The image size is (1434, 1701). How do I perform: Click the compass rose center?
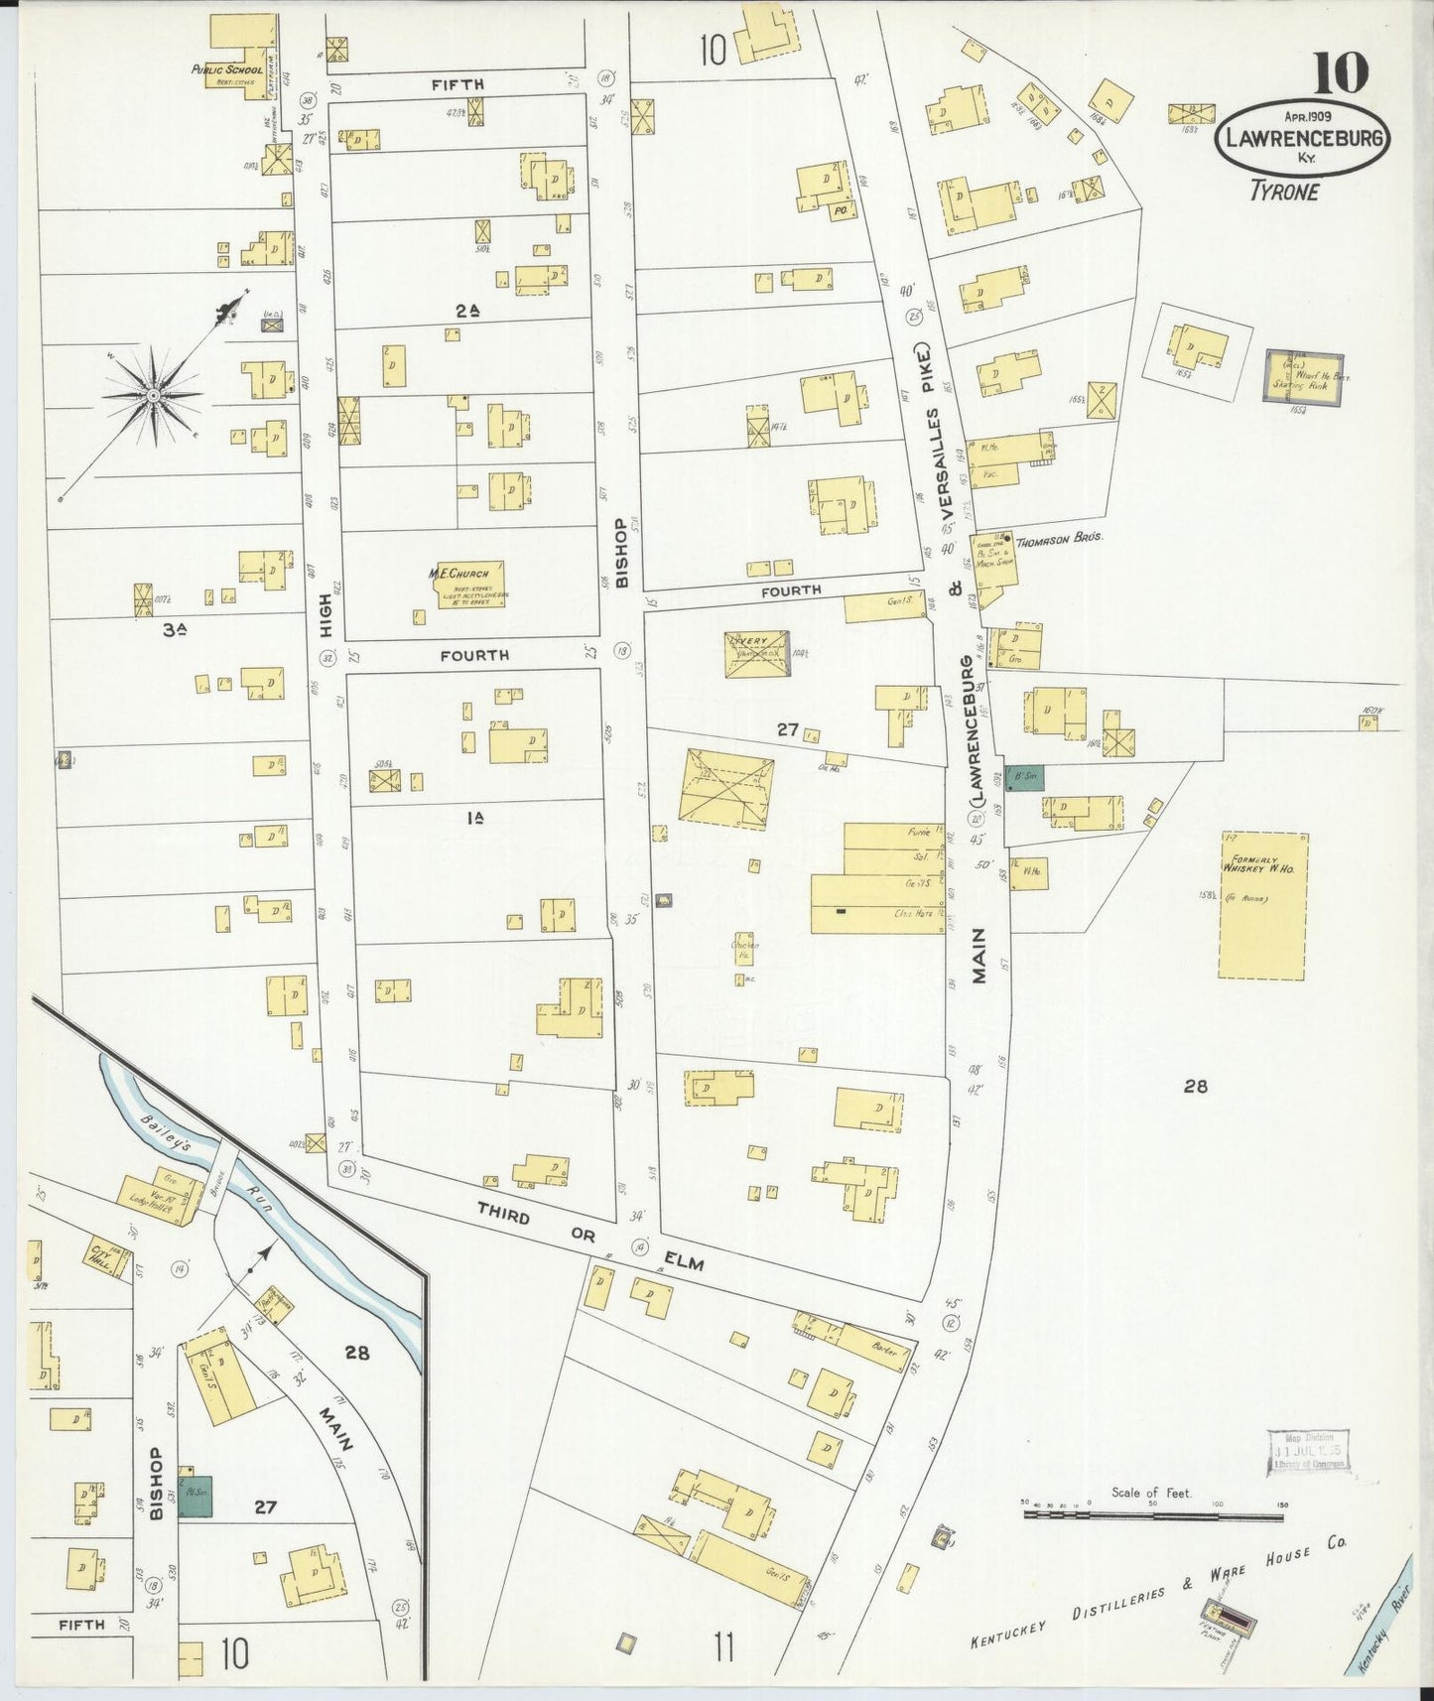(x=154, y=395)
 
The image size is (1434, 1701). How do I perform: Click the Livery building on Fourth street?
(x=756, y=653)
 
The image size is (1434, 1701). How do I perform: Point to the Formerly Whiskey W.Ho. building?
(x=1262, y=905)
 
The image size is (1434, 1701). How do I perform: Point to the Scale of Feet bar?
(x=1151, y=1514)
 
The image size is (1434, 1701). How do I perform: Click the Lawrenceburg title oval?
(x=1302, y=139)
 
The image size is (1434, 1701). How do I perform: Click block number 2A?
(x=467, y=311)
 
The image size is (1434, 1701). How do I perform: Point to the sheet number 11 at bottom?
(x=722, y=1648)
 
